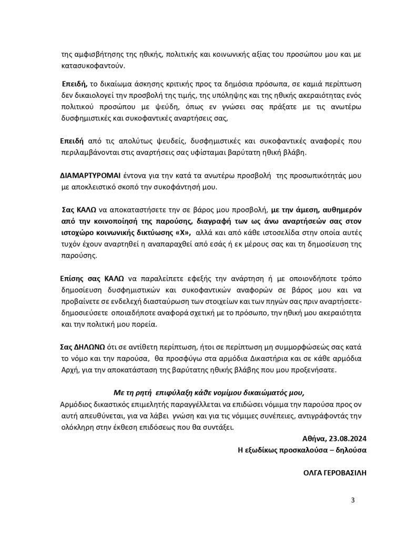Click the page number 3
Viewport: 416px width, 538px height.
[x=353, y=500]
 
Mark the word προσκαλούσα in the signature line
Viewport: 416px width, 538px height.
[x=306, y=450]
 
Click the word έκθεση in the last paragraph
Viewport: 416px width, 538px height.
[x=136, y=427]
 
